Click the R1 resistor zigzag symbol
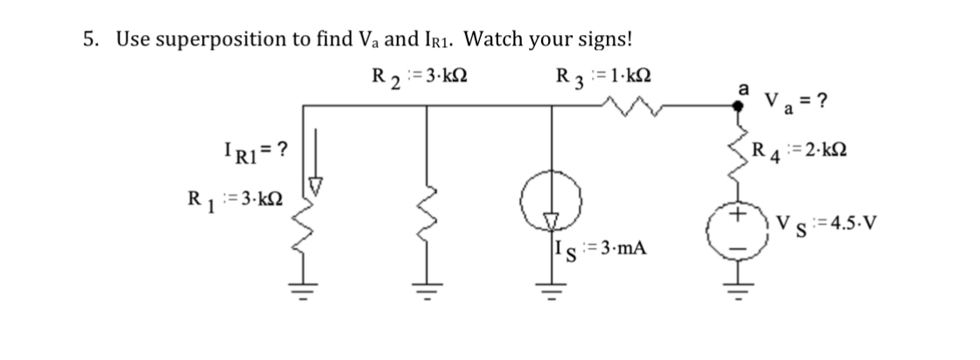[305, 229]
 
